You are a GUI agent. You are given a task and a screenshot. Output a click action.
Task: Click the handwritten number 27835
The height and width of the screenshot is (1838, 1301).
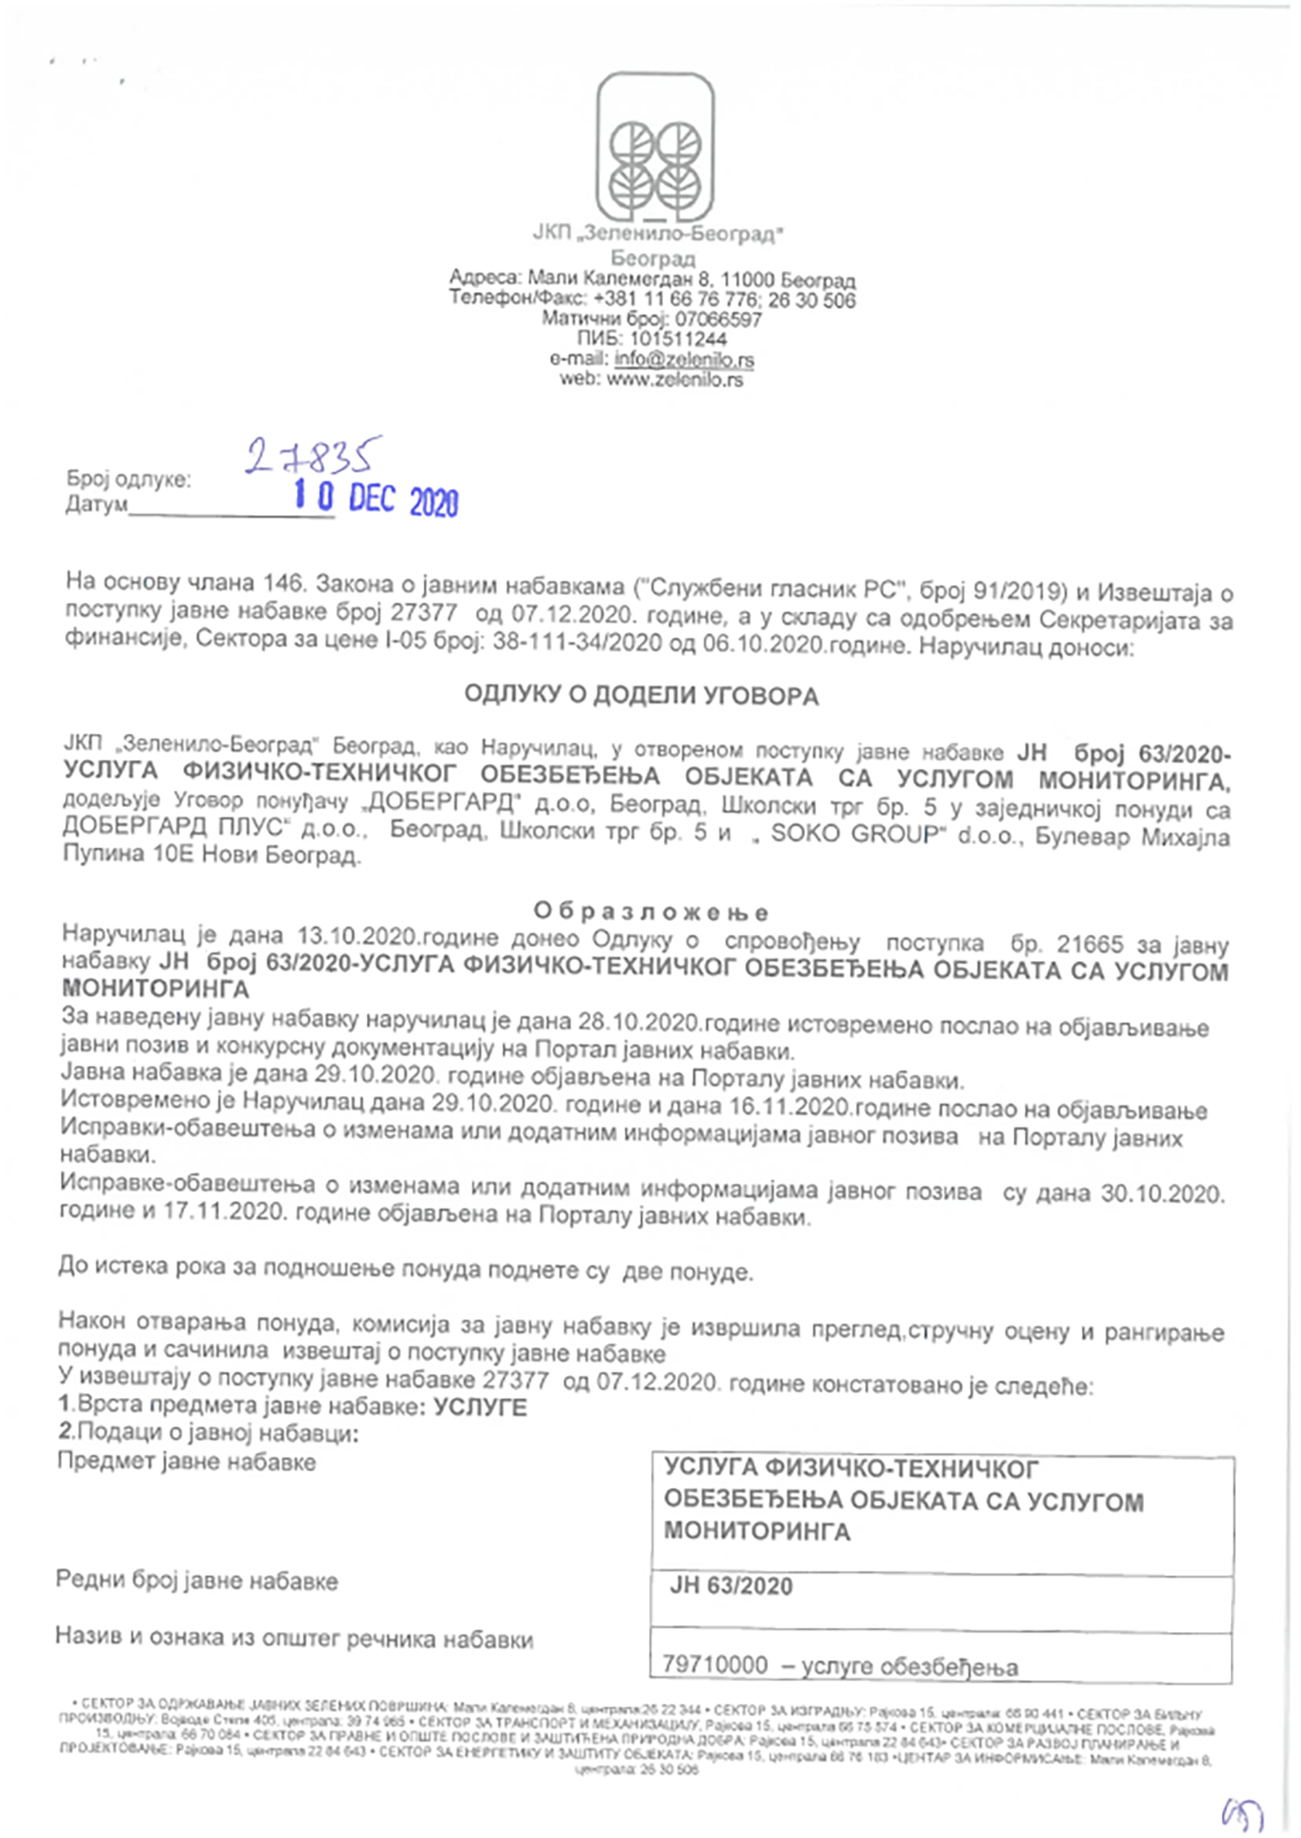click(x=313, y=454)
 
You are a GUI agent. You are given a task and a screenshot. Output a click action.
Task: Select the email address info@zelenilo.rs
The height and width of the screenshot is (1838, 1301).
click(x=683, y=359)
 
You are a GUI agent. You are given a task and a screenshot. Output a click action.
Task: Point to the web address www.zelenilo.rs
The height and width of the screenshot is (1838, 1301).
click(x=674, y=379)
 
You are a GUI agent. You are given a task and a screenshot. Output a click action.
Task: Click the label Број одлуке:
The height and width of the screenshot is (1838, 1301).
click(x=129, y=480)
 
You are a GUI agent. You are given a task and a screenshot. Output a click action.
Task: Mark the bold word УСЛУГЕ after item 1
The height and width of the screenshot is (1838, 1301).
click(x=480, y=1408)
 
